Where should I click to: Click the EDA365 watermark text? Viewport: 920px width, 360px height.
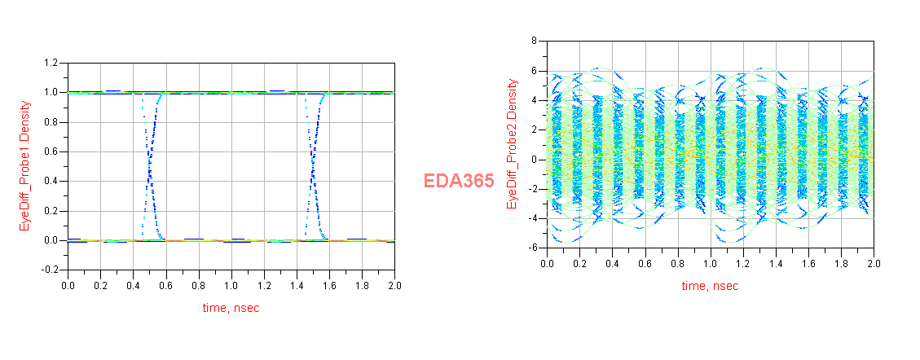[x=459, y=182]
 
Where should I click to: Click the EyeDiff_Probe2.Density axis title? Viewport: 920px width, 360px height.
[x=513, y=143]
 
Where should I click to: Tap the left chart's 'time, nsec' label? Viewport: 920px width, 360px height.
[x=231, y=308]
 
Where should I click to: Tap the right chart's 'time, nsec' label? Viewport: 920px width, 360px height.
[x=710, y=287]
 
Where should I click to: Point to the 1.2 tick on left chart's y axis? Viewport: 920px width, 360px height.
[x=51, y=63]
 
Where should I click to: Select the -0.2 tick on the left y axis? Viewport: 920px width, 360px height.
[x=49, y=270]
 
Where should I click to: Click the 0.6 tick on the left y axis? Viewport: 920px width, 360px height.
[x=51, y=151]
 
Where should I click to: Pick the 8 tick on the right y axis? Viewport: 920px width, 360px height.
[x=535, y=40]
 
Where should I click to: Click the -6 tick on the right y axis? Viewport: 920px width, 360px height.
[x=532, y=248]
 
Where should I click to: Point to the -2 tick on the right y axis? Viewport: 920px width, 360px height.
[x=532, y=189]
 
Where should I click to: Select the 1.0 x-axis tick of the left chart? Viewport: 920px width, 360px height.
[x=231, y=286]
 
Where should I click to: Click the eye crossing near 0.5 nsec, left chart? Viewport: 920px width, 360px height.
[x=150, y=167]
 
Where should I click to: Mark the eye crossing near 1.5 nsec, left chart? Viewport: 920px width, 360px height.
[x=313, y=167]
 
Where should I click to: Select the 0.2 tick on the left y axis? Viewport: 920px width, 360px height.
[x=51, y=211]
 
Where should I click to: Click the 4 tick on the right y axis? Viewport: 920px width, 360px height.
[x=535, y=100]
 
